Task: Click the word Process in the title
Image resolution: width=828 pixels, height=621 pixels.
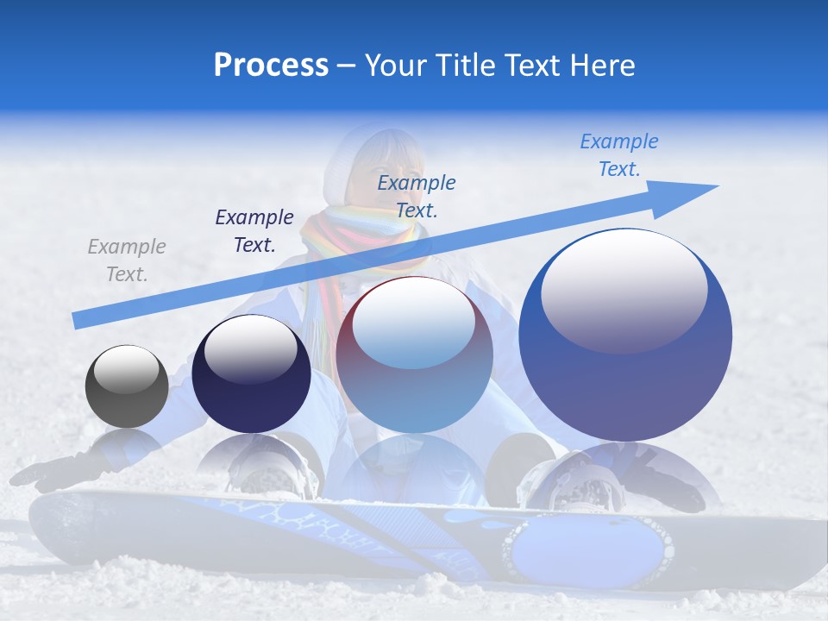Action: (271, 66)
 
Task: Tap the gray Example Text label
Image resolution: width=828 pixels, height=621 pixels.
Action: (127, 260)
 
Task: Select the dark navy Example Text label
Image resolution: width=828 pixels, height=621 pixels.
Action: (254, 231)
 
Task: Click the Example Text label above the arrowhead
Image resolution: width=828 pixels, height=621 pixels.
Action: (619, 155)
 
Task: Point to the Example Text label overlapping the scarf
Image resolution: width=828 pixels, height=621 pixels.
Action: (417, 196)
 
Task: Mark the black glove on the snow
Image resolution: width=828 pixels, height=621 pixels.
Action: (52, 472)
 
